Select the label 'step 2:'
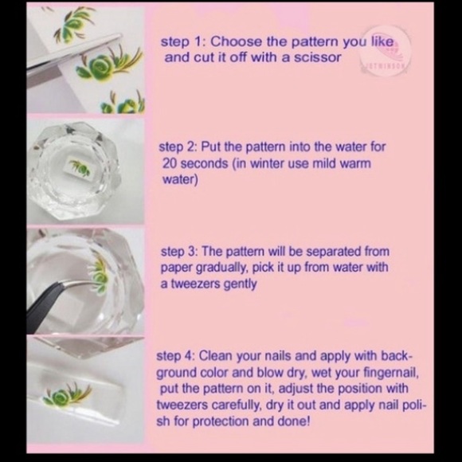coord(179,147)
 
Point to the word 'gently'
coord(239,284)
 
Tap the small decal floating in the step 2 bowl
coord(78,166)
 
